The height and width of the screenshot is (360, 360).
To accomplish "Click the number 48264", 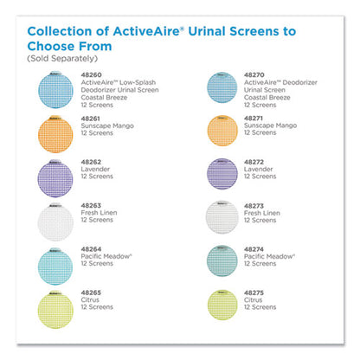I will [89, 248].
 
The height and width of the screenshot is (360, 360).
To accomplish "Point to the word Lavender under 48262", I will [93, 169].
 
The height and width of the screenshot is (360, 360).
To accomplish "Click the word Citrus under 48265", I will [89, 300].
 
